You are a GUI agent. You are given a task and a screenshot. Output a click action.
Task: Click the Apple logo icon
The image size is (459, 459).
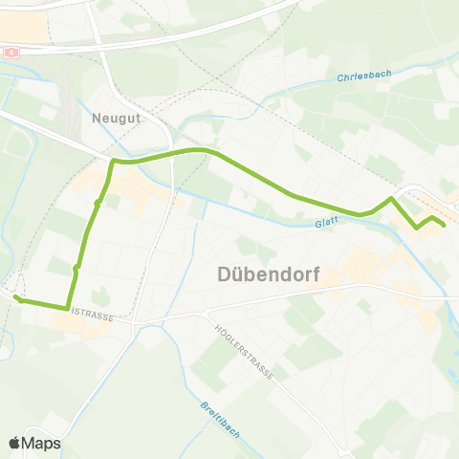pyautogui.click(x=14, y=443)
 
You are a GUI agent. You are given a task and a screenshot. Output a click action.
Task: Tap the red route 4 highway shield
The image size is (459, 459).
pyautogui.click(x=10, y=52)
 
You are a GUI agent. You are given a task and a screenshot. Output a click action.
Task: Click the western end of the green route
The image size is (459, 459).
pyautogui.click(x=16, y=299)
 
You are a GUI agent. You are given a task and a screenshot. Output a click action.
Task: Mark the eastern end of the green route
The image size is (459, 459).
pyautogui.click(x=444, y=225)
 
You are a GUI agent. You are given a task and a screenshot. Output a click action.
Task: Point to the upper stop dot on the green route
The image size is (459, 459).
pyautogui.click(x=98, y=203)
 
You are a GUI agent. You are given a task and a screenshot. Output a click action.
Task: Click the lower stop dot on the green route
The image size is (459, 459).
pyautogui.click(x=76, y=267)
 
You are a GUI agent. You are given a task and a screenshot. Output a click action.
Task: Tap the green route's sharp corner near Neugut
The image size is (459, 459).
pyautogui.click(x=115, y=162)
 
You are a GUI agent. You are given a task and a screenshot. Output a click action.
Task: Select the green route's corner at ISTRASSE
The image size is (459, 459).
pyautogui.click(x=68, y=308)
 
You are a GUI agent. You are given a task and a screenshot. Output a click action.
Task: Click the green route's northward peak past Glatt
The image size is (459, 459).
pyautogui.click(x=391, y=199)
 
